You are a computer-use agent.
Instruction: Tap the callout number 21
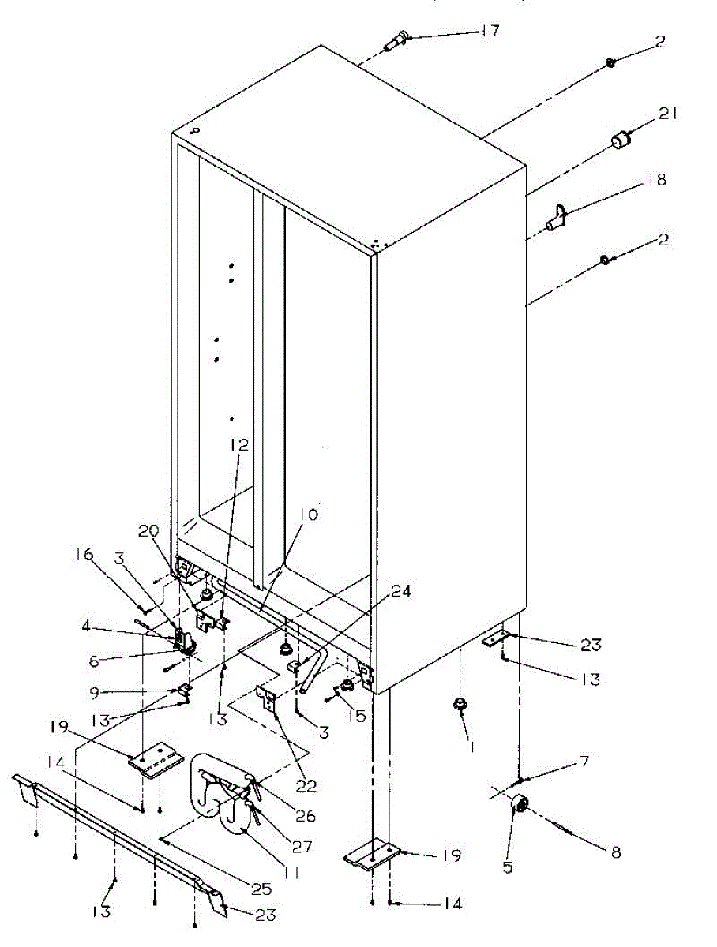(670, 115)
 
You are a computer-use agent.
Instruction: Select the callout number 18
(656, 180)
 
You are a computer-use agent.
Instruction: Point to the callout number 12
(239, 445)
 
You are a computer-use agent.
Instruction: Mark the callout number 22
(306, 786)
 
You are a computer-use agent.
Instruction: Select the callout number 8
(616, 852)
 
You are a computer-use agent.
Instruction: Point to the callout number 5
(508, 867)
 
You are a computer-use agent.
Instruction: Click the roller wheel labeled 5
(520, 804)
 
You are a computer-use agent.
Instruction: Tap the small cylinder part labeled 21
(621, 143)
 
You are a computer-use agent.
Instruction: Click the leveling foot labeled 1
(459, 705)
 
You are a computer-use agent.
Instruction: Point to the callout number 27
(302, 846)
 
